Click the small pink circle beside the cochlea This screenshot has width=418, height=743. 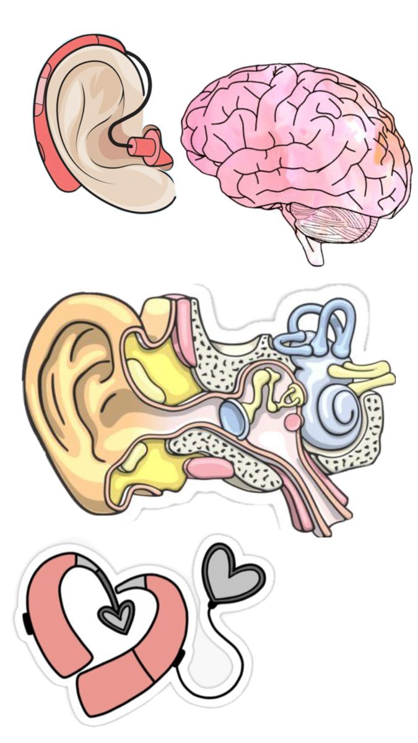click(292, 422)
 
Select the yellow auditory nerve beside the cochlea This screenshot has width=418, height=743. click(363, 374)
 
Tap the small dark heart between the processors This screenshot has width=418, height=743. click(117, 615)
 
